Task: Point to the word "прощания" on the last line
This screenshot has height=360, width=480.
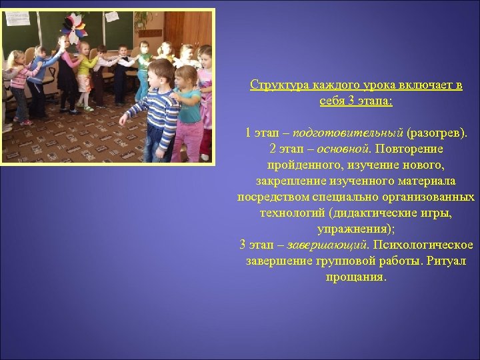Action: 356,276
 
